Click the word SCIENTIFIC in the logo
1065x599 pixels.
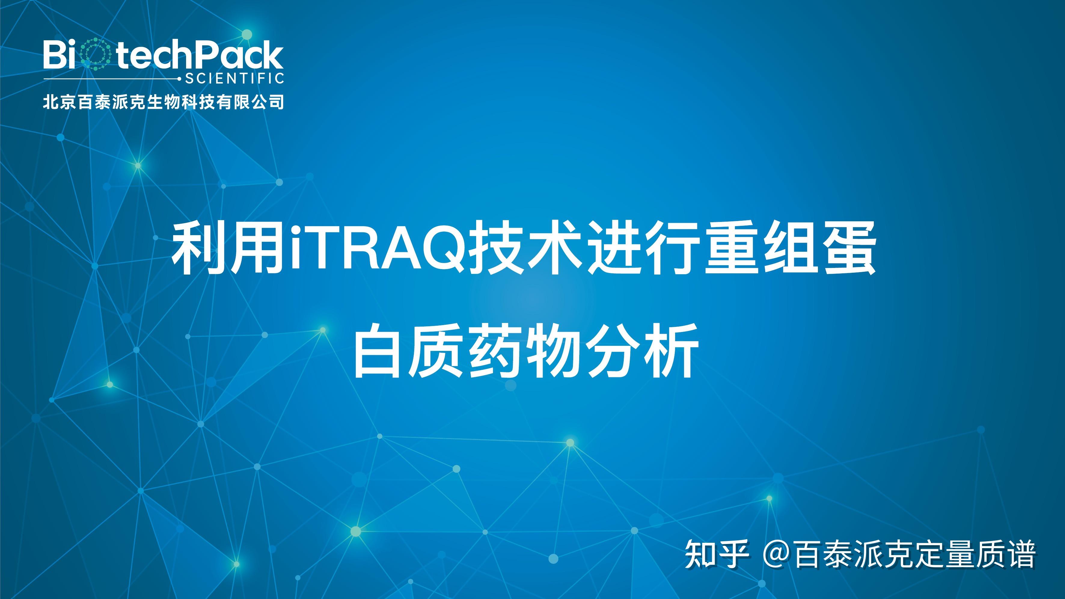coord(234,78)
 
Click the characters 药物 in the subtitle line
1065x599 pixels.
coord(525,351)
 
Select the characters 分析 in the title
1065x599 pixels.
coord(641,351)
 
